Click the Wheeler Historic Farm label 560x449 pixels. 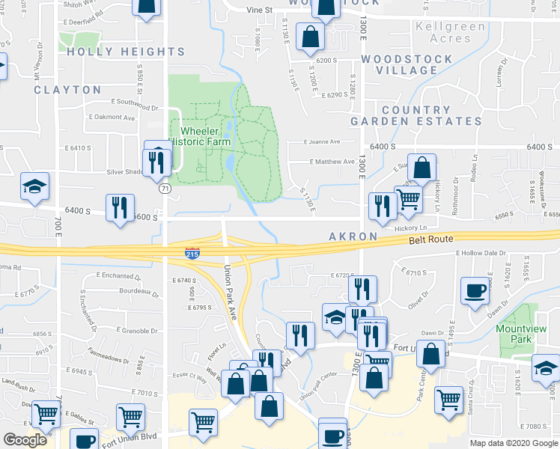coord(199,136)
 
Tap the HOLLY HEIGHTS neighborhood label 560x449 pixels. coord(126,52)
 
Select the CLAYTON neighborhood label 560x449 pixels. coord(67,90)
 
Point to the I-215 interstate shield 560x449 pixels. coord(192,253)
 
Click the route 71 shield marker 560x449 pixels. coord(163,189)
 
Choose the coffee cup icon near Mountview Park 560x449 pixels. coord(476,291)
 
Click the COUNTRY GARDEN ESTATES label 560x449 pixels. coord(417,115)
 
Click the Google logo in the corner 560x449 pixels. coord(25,440)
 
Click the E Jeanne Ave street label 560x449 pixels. coord(322,141)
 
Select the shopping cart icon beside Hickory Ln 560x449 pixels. coord(407,201)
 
